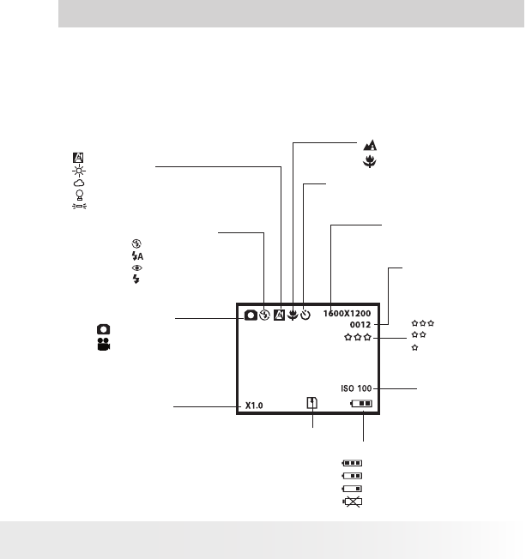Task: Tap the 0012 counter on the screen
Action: pyautogui.click(x=360, y=326)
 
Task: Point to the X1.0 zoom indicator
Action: pyautogui.click(x=253, y=406)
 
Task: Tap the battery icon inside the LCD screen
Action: pyautogui.click(x=361, y=403)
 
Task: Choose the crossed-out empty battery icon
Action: pyautogui.click(x=353, y=502)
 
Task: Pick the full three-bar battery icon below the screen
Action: pyautogui.click(x=353, y=463)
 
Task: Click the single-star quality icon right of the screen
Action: pyautogui.click(x=415, y=348)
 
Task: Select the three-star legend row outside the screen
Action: pyautogui.click(x=423, y=323)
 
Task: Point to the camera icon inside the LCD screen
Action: pyautogui.click(x=250, y=315)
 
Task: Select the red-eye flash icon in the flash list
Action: pyautogui.click(x=136, y=268)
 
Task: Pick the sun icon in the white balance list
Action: pyautogui.click(x=78, y=170)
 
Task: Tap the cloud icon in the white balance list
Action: pyautogui.click(x=78, y=183)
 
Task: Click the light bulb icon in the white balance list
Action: pyautogui.click(x=78, y=195)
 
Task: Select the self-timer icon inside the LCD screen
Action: pyautogui.click(x=305, y=315)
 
